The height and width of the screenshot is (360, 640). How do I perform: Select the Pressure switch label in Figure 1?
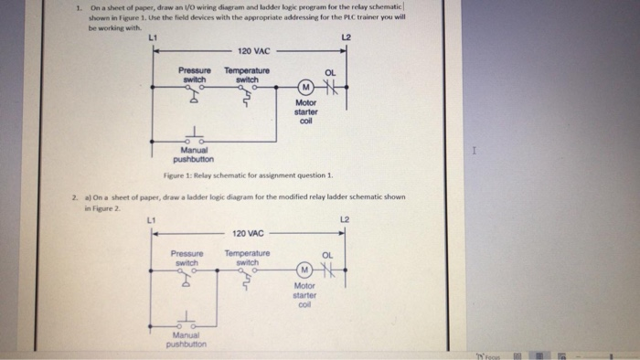tap(194, 74)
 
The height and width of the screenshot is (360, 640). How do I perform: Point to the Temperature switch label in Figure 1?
tap(247, 74)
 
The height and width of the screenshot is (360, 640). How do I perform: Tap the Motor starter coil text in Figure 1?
tap(305, 113)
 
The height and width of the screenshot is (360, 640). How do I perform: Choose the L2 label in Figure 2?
tap(345, 217)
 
